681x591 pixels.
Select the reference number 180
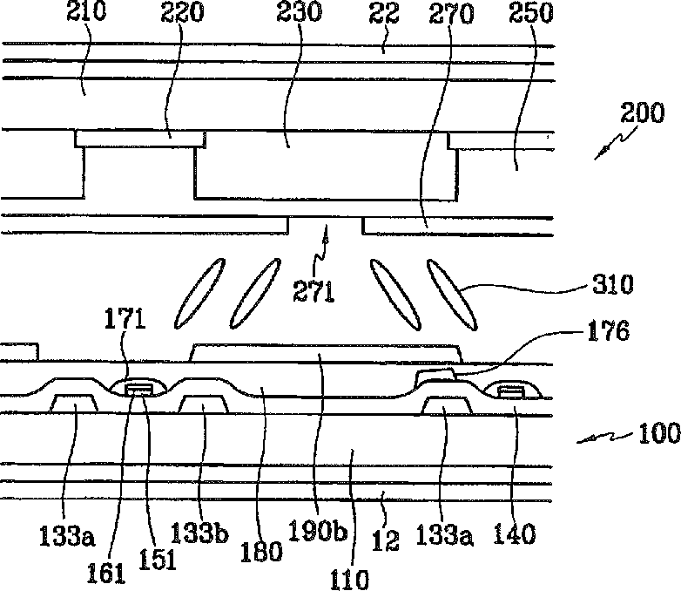coord(266,551)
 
